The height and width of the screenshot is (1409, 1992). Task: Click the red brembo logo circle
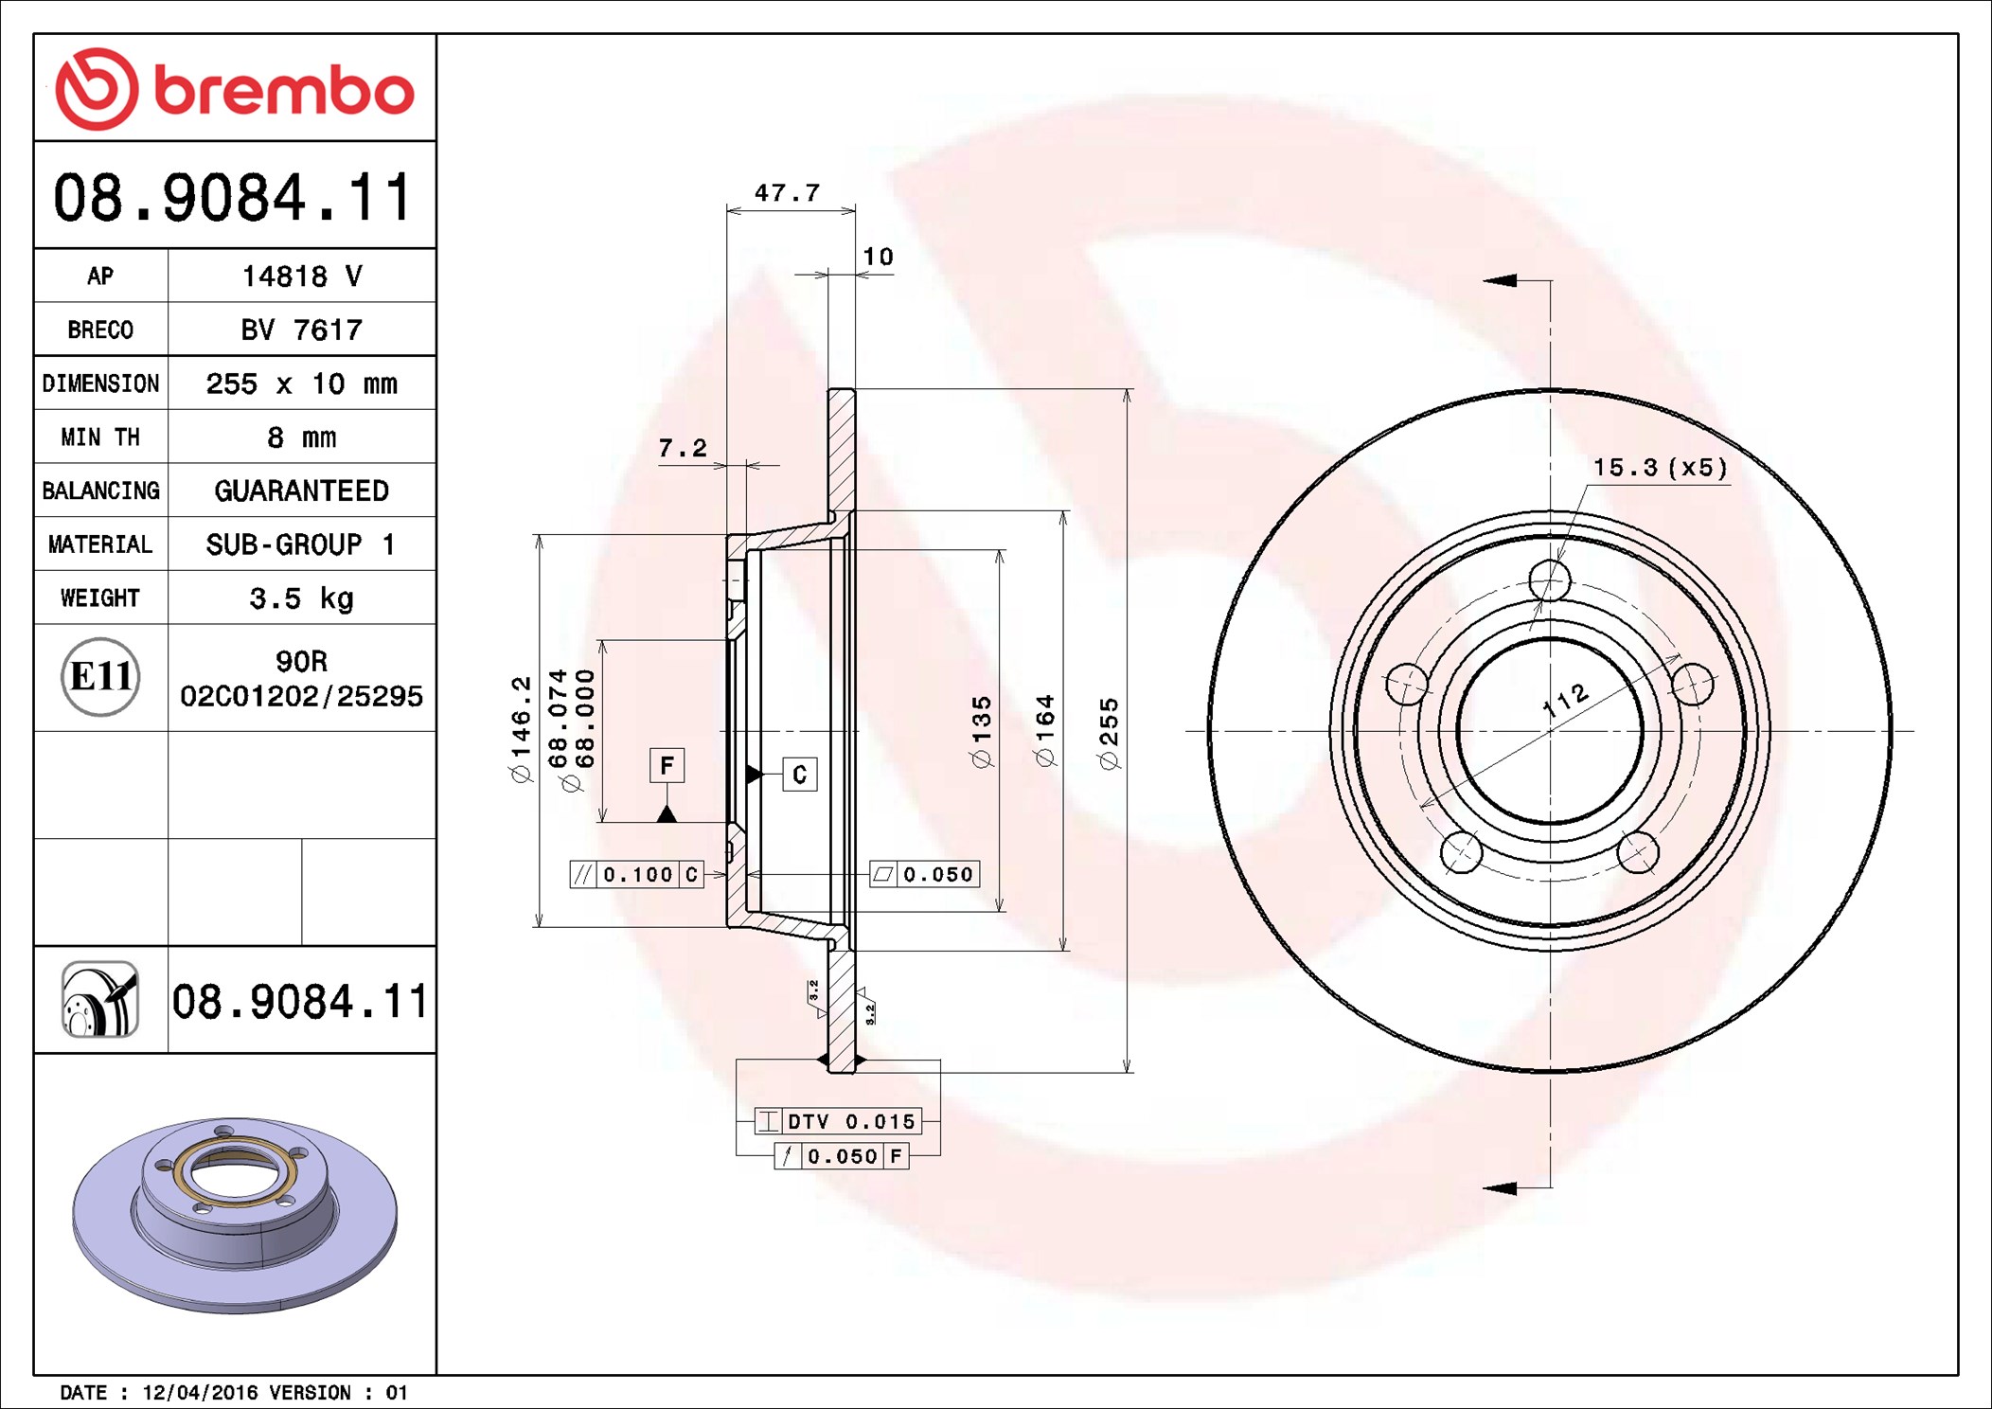[x=97, y=89]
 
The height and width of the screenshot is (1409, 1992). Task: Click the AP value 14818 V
[x=301, y=276]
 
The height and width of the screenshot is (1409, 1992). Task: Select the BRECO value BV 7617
[x=301, y=330]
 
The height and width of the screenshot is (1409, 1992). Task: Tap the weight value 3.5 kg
[x=301, y=598]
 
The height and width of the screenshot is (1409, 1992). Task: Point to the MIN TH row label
[x=100, y=437]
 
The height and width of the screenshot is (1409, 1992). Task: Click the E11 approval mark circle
[x=100, y=677]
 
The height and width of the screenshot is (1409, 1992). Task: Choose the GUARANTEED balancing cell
[x=301, y=490]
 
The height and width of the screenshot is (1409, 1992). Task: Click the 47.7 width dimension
[x=787, y=193]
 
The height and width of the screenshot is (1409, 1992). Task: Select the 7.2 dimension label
[x=682, y=448]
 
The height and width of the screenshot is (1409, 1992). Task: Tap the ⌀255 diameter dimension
[x=1109, y=734]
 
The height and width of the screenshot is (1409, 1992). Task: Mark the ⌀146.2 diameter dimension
[x=521, y=730]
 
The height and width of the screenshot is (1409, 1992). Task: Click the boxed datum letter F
[x=667, y=765]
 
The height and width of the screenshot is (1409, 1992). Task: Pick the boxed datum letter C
[x=799, y=775]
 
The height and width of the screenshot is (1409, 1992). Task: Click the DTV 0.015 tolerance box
[x=837, y=1121]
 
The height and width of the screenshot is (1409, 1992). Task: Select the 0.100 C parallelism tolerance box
[x=636, y=874]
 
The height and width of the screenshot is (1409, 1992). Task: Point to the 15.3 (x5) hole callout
[x=1659, y=468]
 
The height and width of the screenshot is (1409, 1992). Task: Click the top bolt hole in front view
[x=1550, y=580]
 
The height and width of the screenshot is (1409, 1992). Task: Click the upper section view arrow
[x=1501, y=280]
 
